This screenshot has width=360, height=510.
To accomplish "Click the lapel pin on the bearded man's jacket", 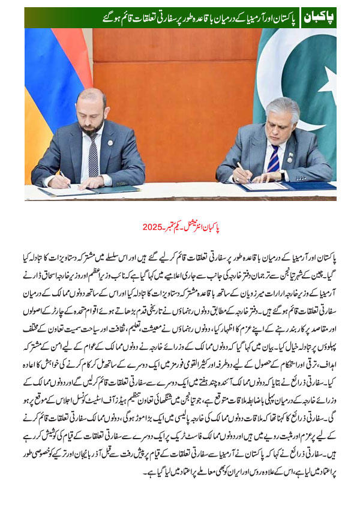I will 110,142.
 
